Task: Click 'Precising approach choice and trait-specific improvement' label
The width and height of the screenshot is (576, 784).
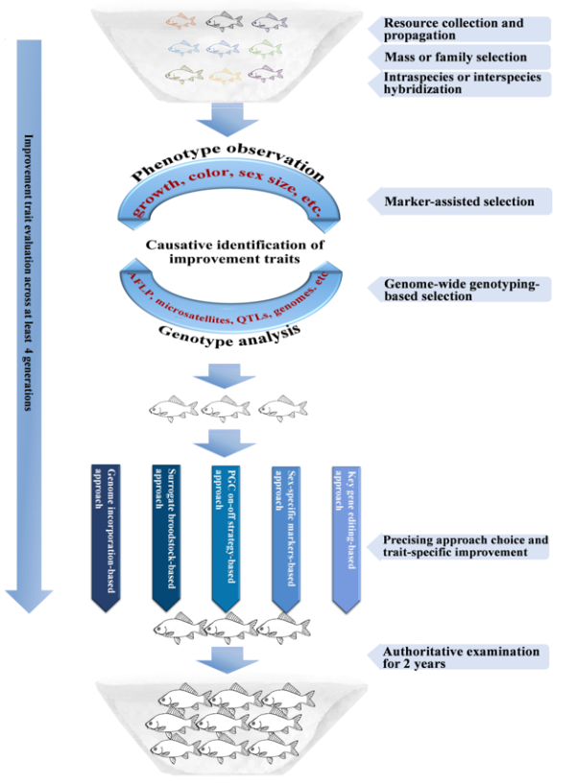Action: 466,546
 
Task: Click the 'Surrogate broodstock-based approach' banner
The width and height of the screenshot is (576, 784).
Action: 165,533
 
